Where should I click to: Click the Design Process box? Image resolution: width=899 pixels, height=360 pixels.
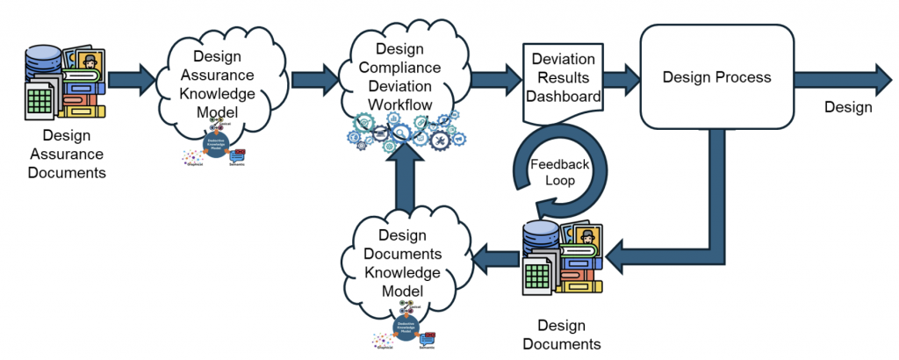(716, 77)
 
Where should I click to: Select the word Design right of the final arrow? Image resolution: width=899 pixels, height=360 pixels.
(848, 107)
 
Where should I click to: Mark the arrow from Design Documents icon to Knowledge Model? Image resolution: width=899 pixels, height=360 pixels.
(496, 257)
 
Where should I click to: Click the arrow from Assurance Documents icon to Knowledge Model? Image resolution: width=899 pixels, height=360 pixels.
(133, 77)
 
